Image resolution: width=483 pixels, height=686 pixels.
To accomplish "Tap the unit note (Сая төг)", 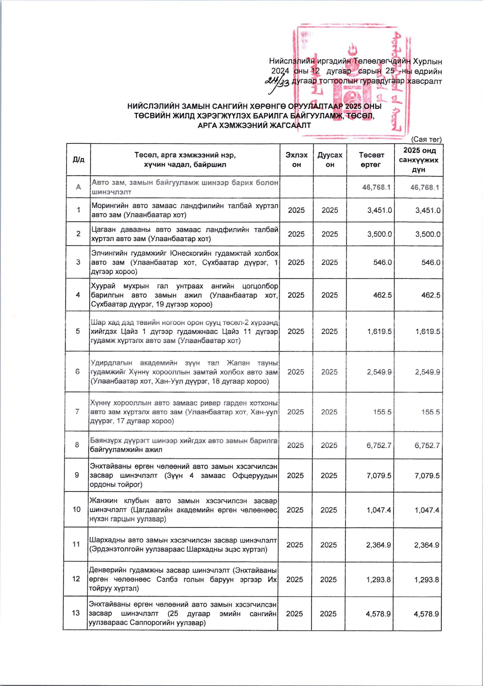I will coord(427,139).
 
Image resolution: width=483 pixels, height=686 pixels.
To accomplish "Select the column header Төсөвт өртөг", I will coord(371,160).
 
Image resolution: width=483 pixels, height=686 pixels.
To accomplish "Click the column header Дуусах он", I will coord(330,160).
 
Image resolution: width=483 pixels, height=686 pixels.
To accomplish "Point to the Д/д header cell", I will coord(78,160).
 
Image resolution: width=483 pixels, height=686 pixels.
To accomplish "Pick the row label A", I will coord(78,187).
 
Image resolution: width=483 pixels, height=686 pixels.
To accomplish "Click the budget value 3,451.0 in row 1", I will coord(379,210).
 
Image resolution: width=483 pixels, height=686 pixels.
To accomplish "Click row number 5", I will coord(78,331).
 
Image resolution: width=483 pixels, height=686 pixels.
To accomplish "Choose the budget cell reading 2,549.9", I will coord(379,372).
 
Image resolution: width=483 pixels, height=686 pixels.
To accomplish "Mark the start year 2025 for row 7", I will coord(296,412).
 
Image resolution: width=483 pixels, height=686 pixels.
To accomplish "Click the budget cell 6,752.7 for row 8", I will coord(379,445).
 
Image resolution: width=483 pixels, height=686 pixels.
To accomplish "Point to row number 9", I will coord(77,475).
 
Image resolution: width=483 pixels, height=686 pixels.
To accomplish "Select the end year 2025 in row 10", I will coord(329,510).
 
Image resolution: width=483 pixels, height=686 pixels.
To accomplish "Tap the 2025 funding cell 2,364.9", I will coord(427,545).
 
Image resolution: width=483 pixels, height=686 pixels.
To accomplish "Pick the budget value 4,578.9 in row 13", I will coord(378,614).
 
